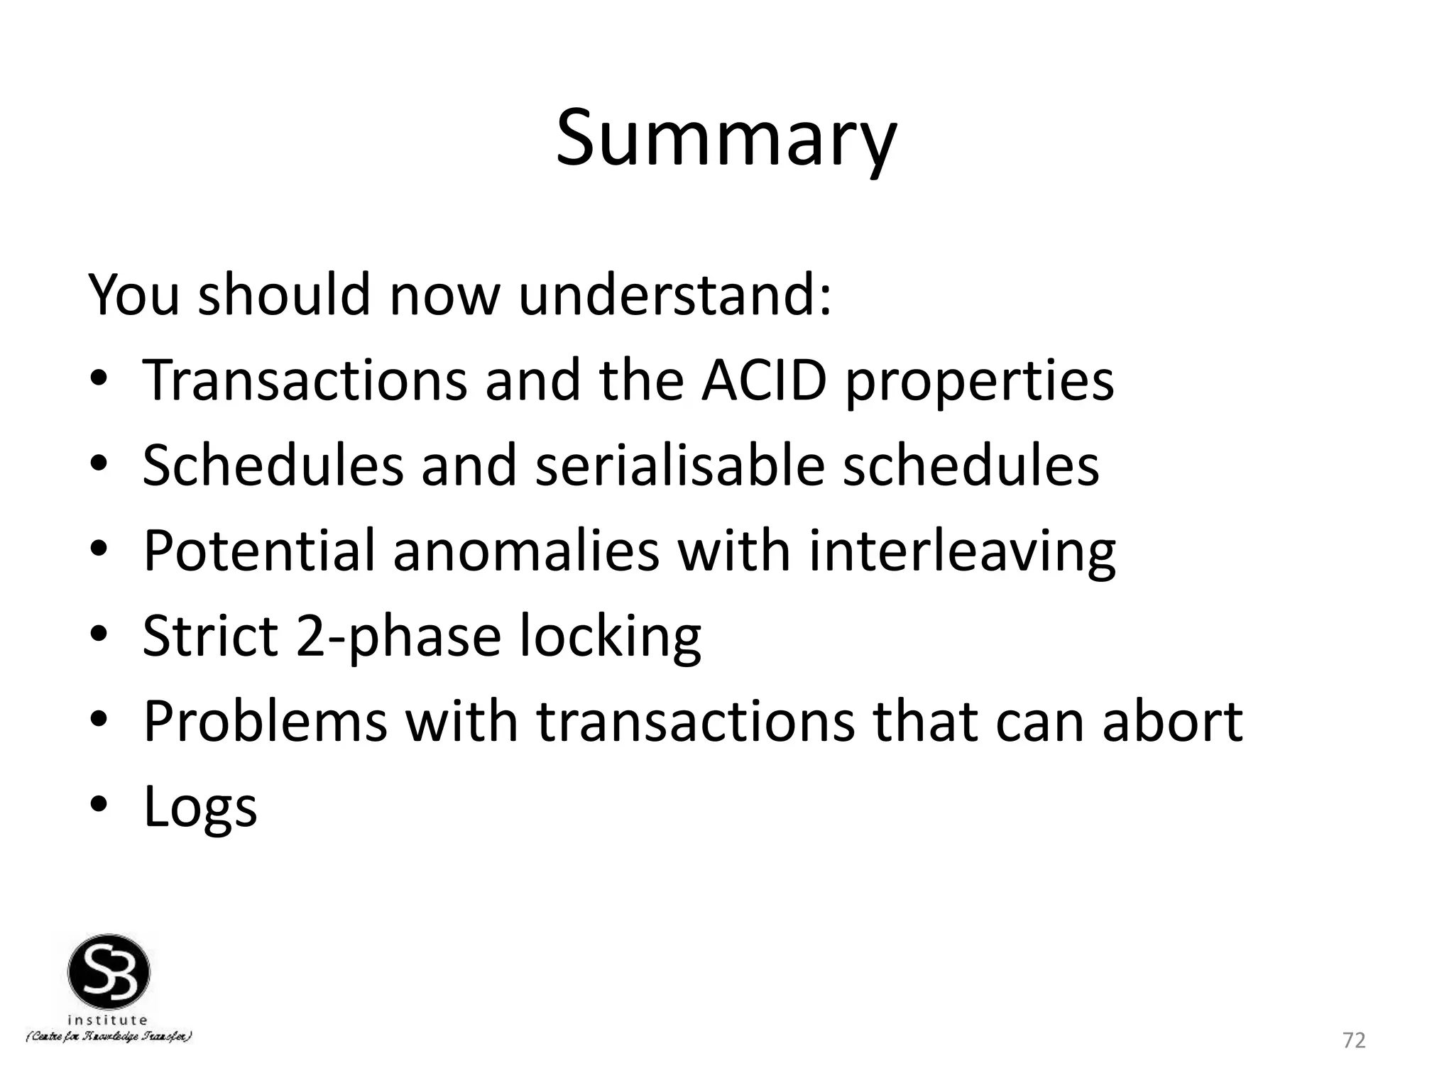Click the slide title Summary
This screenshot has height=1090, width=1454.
click(x=726, y=138)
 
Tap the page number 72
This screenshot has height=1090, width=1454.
click(x=1354, y=1040)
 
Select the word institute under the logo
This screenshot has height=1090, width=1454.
click(x=108, y=1020)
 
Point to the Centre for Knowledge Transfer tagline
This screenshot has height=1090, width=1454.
click(x=109, y=1037)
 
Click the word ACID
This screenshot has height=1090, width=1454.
click(x=764, y=381)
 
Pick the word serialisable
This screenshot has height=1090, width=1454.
click(x=679, y=466)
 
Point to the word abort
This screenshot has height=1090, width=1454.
click(x=1172, y=721)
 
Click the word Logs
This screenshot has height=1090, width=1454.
click(x=200, y=808)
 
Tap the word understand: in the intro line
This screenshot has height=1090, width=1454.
click(x=674, y=294)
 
